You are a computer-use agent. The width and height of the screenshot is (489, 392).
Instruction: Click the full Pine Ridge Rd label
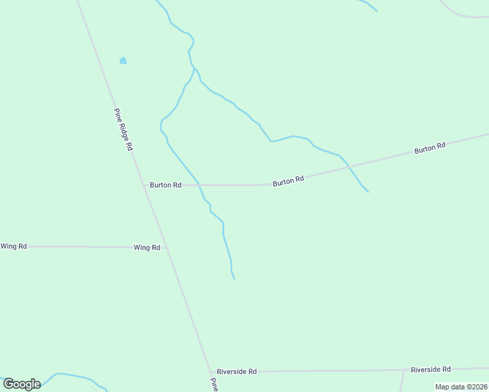coord(124,130)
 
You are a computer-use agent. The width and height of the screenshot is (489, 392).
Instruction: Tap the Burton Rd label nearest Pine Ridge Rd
coord(165,185)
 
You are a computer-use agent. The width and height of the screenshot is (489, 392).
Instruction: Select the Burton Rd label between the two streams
coord(288,181)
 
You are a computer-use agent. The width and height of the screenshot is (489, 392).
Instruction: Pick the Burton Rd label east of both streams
coord(430,148)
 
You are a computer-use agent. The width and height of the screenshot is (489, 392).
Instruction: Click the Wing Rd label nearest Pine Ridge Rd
coord(147,248)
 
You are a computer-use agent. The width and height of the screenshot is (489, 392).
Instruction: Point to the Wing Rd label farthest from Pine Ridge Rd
coord(14,246)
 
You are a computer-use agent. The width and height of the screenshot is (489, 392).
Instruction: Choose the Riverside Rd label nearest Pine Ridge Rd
coord(237,371)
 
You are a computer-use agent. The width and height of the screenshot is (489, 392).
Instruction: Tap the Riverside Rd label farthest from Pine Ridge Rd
coord(431,369)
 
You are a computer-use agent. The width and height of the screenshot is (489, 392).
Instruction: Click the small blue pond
coord(123,61)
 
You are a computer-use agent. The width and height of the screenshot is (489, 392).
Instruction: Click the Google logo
coord(22,384)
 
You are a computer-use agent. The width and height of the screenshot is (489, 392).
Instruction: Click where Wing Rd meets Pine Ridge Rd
coord(166,248)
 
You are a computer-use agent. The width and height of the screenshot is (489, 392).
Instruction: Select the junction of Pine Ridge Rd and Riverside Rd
coord(210,371)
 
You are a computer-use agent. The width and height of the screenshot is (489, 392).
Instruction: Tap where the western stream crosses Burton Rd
coord(200,185)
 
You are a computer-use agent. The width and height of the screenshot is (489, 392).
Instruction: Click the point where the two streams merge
coord(194,67)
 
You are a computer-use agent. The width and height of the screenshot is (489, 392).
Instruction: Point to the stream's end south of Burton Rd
coord(234,279)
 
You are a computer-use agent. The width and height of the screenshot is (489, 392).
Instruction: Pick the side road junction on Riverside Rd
coord(403,370)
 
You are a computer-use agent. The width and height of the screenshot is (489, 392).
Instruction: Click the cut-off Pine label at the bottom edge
coord(213,385)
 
